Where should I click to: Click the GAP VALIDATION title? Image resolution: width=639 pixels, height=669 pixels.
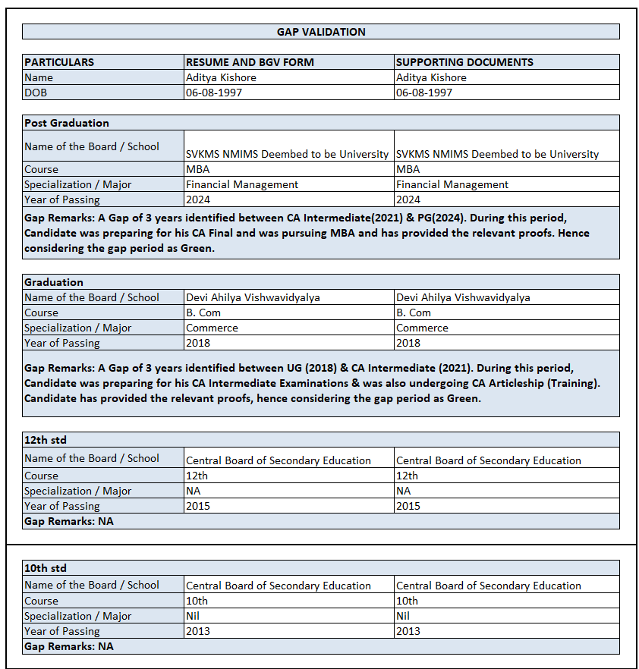320,32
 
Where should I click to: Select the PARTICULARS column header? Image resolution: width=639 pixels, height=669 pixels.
59,62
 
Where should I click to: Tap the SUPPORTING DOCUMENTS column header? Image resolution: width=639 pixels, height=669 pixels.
464,62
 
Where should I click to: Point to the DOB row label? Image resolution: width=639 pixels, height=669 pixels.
35,93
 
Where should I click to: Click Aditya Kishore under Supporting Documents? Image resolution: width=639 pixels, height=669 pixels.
431,77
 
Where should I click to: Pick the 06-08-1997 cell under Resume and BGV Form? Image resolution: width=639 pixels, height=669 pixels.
215,93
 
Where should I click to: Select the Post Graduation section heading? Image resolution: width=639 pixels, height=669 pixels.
67,123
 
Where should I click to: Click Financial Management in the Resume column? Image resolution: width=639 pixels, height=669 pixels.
242,184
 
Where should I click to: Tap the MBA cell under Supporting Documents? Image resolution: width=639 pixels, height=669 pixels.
408,169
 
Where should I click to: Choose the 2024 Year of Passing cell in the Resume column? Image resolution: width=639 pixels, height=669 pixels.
198,199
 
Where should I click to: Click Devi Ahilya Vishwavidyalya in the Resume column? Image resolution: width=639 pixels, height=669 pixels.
253,297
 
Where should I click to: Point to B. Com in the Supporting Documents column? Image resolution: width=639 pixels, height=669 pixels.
414,313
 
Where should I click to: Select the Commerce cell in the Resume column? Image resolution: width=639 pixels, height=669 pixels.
212,328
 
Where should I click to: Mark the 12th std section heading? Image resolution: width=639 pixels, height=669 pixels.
46,440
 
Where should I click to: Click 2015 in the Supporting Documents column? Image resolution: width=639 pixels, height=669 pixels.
408,506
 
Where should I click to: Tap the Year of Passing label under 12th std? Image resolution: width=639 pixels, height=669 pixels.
61,506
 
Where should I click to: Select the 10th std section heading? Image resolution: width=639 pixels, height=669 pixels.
46,567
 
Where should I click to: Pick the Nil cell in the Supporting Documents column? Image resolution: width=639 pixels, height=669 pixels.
403,616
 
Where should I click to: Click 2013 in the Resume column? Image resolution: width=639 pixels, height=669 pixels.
198,631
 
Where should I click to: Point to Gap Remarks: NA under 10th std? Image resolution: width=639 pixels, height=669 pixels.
69,646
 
